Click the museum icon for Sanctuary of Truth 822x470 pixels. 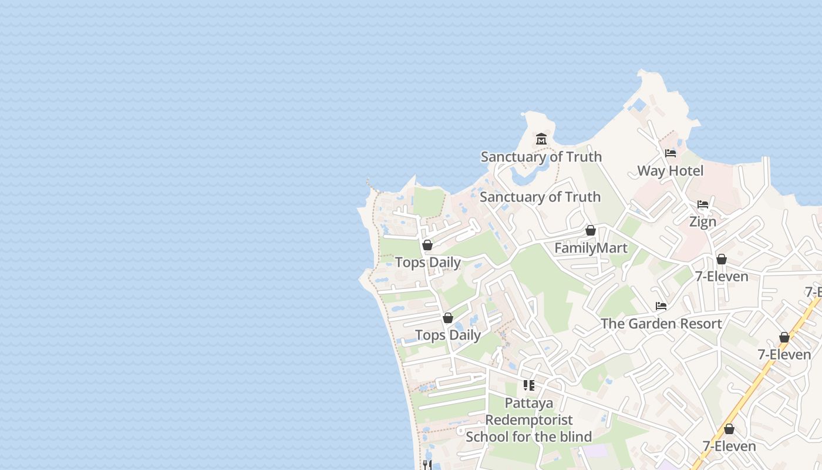pos(541,139)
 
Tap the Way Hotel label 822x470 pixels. pos(670,171)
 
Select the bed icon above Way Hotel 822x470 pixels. pos(671,153)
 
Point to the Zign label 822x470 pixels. pos(703,222)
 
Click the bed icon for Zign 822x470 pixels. pos(703,204)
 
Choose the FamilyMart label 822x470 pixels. pos(591,248)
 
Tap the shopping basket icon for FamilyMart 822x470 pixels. pos(591,230)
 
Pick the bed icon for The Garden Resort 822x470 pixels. pos(661,306)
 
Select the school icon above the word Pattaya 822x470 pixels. pos(529,385)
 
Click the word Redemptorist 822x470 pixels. pos(528,420)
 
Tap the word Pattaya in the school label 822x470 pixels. pos(529,404)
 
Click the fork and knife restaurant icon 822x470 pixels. pos(427,465)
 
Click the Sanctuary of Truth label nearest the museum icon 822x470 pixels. pos(541,157)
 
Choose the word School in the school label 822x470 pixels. pos(486,437)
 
